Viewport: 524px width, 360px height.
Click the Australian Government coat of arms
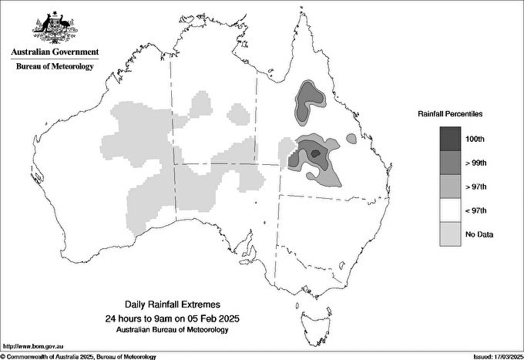pyautogui.click(x=54, y=28)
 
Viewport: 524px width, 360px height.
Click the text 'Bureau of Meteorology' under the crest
pyautogui.click(x=55, y=66)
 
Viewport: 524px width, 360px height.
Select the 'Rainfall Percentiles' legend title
pyautogui.click(x=450, y=114)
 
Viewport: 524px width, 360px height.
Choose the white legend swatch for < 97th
pyautogui.click(x=450, y=210)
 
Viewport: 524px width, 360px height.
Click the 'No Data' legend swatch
pyautogui.click(x=450, y=234)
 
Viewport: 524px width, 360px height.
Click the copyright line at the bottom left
pyautogui.click(x=79, y=356)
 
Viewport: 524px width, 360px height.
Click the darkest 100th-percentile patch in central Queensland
pyautogui.click(x=314, y=153)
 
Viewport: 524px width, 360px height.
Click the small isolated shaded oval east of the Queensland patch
pyautogui.click(x=351, y=139)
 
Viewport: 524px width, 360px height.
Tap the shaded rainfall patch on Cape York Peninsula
pyautogui.click(x=307, y=99)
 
